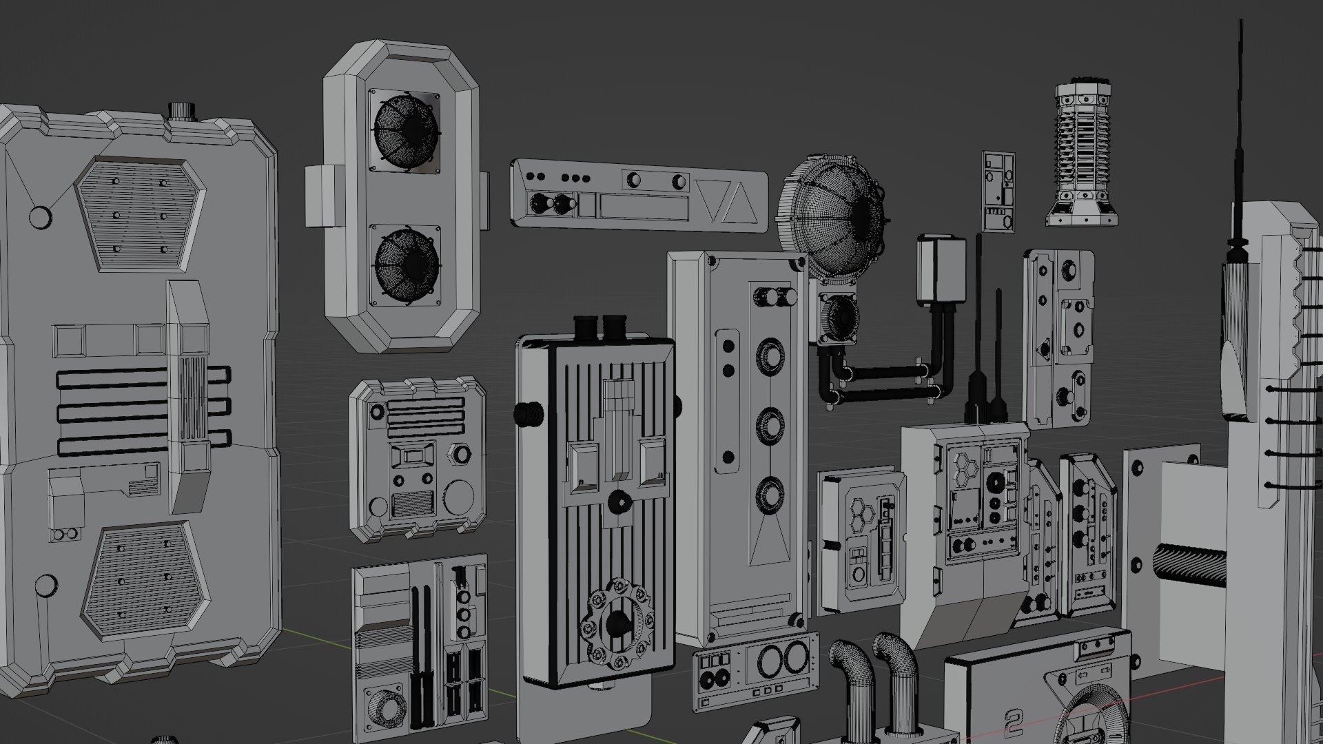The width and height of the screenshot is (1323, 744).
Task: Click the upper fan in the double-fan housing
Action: click(x=405, y=131)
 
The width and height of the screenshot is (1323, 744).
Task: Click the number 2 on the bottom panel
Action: click(x=1014, y=723)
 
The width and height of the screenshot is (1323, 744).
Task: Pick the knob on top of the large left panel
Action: click(x=183, y=110)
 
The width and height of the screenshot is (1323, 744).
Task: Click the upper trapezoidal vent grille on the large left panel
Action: click(x=140, y=214)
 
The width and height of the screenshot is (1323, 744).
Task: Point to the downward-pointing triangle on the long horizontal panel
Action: click(x=711, y=200)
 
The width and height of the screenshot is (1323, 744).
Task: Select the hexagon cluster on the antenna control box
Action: click(x=964, y=469)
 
